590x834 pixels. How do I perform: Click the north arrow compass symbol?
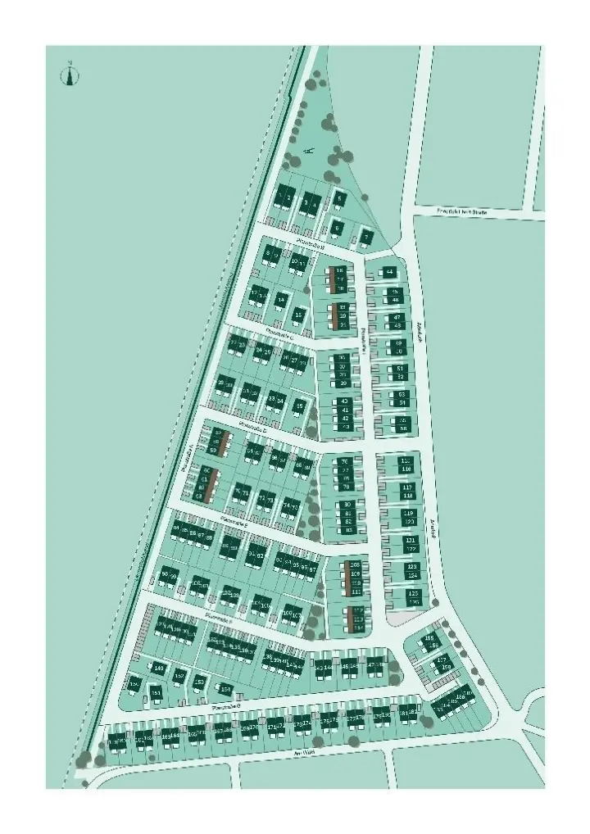[70, 75]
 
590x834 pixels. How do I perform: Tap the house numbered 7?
[366, 238]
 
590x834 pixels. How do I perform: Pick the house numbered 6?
[338, 228]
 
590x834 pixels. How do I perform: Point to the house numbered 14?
[281, 301]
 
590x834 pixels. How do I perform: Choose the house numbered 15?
[300, 314]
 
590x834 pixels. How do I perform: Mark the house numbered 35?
[300, 406]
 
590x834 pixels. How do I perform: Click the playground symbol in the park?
[308, 151]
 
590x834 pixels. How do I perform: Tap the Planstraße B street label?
[311, 246]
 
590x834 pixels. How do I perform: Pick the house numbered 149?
[159, 669]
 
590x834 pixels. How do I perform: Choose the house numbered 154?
[225, 689]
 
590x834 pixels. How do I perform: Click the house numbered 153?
[199, 680]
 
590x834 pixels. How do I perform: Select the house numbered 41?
[345, 410]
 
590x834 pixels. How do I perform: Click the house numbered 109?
[356, 573]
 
